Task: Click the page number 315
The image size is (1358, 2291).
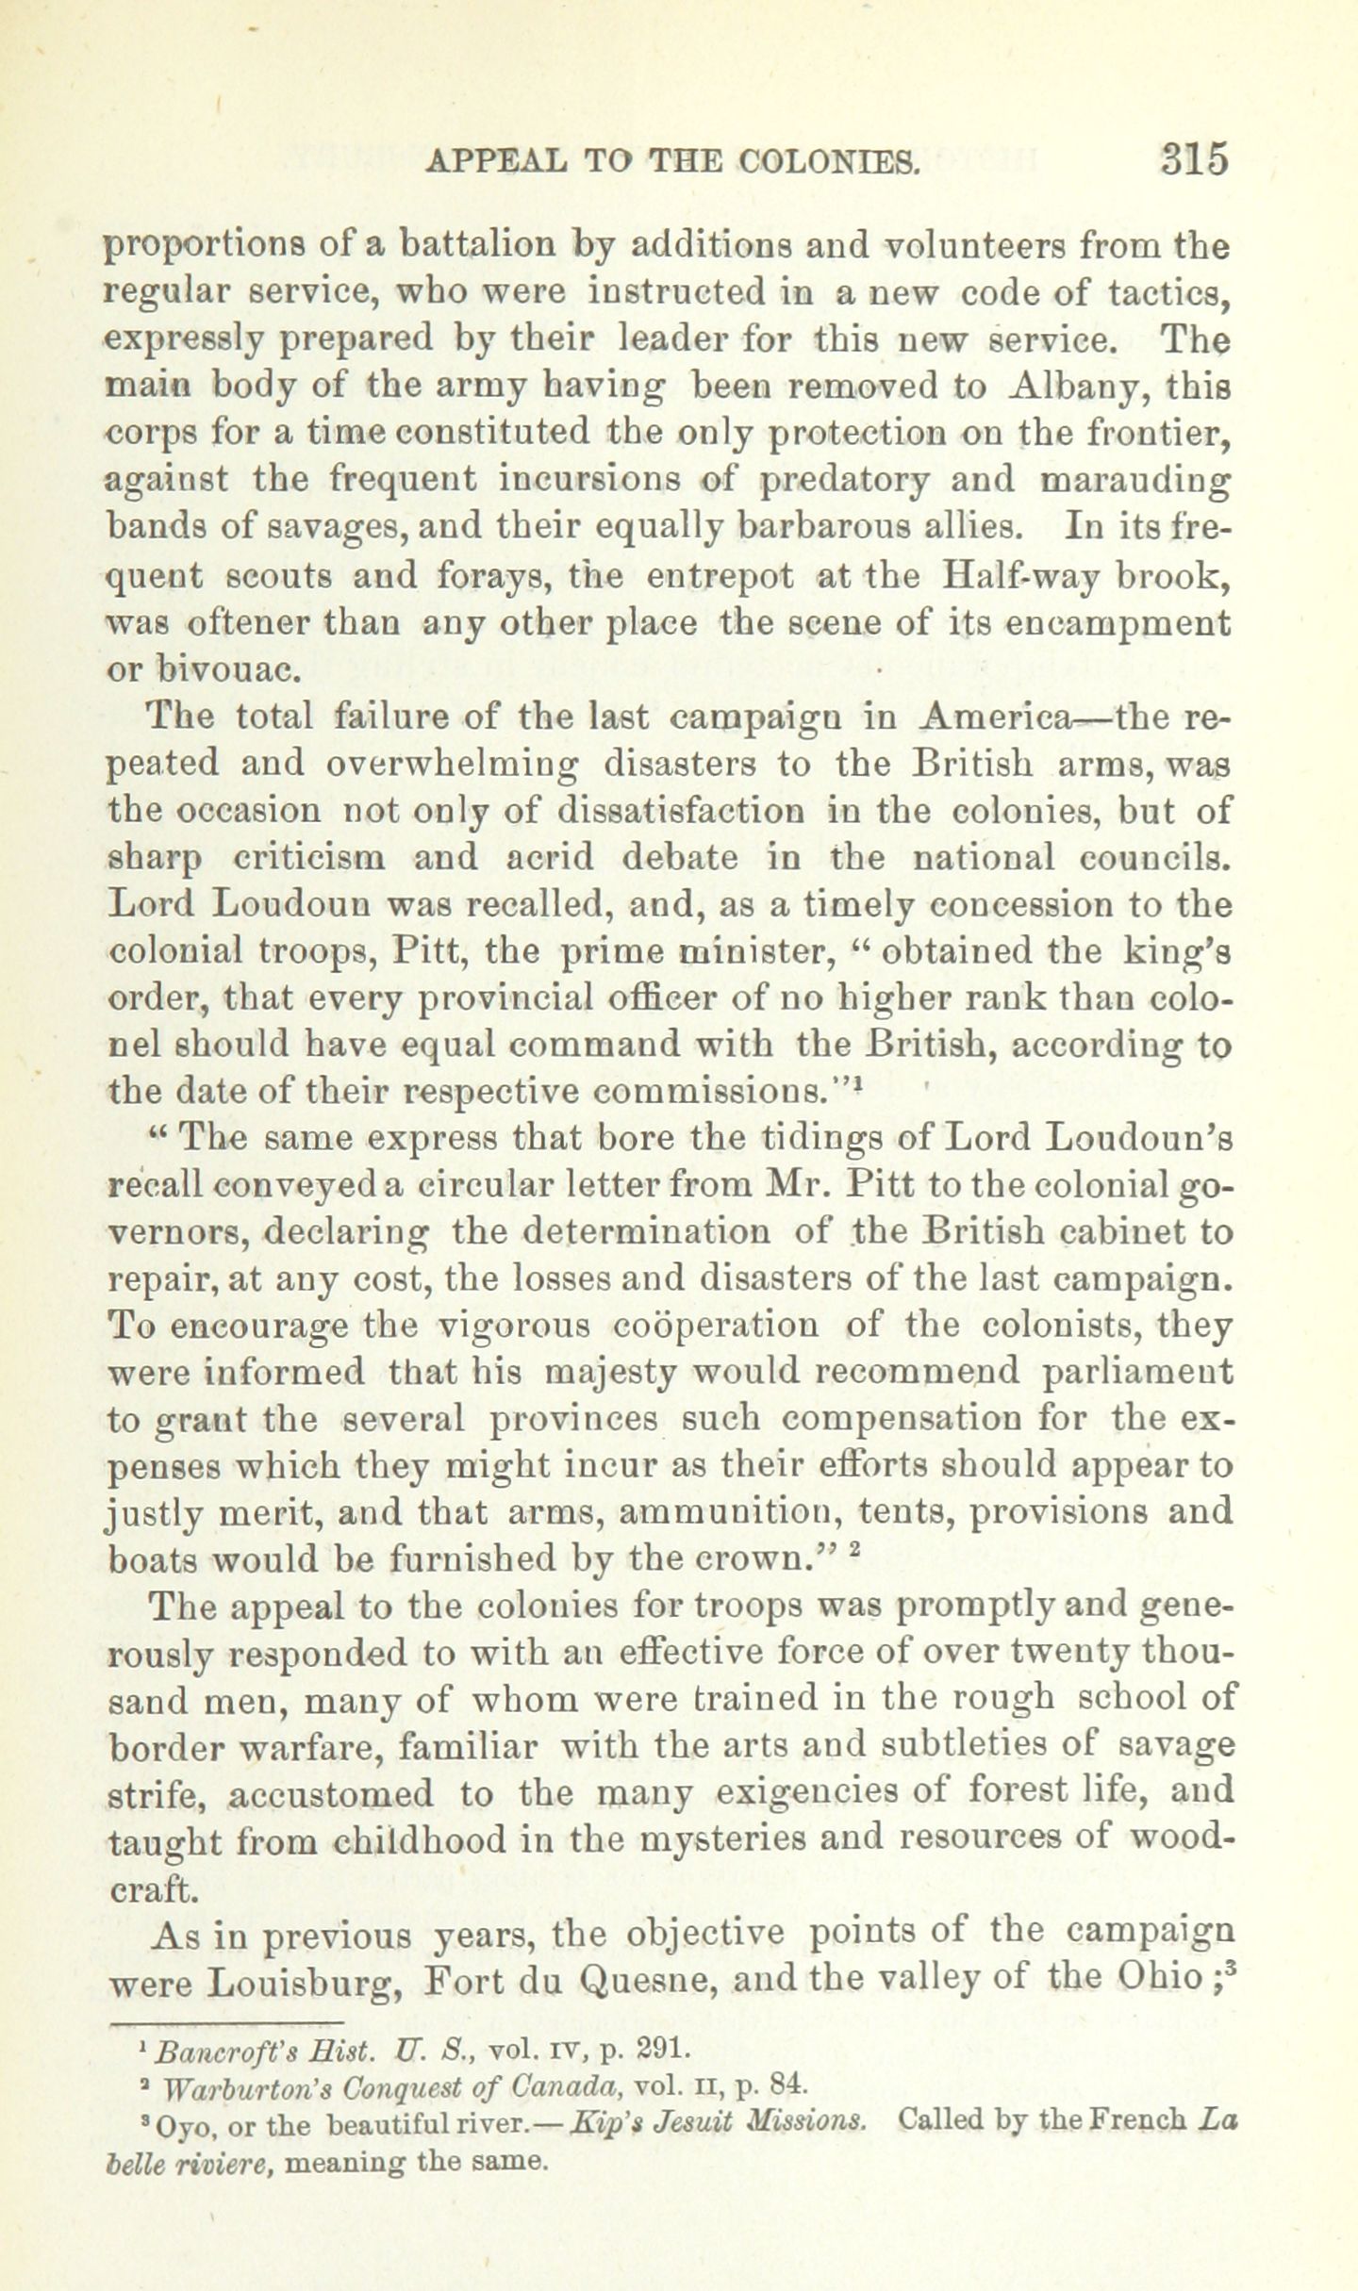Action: tap(1195, 158)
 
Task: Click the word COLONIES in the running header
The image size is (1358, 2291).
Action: tap(828, 161)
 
